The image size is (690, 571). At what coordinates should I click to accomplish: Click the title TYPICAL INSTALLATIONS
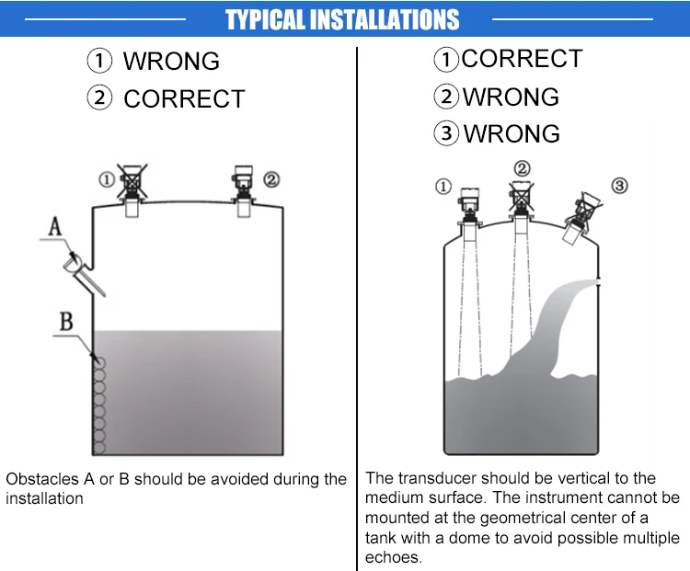pos(342,19)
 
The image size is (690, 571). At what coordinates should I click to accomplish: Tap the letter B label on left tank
pos(66,321)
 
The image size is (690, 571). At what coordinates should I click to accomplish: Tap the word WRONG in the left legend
pos(171,62)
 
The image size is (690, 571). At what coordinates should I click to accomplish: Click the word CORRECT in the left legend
pos(184,98)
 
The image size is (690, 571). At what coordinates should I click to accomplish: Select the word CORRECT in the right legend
pos(522,59)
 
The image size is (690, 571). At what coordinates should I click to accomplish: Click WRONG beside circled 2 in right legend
pos(511,97)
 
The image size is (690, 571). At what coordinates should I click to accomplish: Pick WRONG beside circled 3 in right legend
pos(512,133)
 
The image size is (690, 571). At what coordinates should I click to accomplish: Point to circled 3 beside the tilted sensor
pos(619,186)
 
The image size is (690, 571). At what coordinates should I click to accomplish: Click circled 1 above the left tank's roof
pos(107,178)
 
